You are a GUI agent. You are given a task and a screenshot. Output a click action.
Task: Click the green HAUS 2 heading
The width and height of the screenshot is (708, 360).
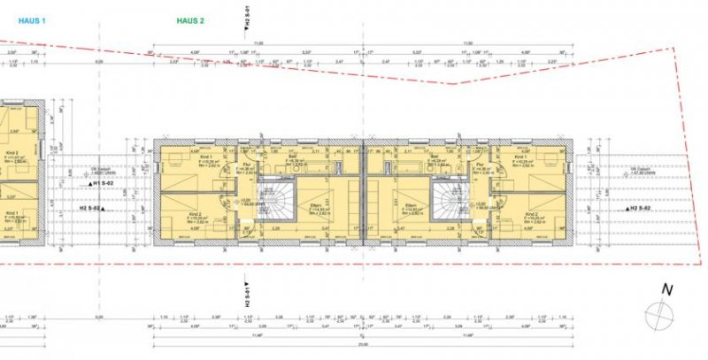point(189,19)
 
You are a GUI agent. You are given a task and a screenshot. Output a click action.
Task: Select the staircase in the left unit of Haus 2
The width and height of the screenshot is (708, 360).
point(273,204)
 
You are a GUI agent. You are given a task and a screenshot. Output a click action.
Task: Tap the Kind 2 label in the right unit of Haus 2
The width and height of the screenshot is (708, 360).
point(532,213)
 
